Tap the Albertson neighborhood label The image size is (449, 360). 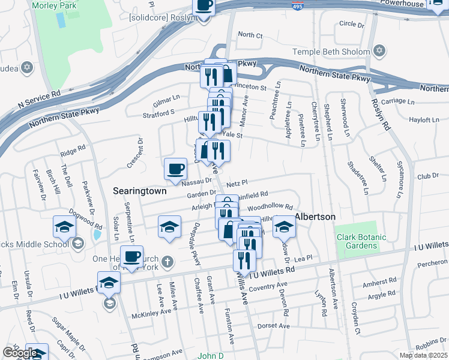pyautogui.click(x=314, y=216)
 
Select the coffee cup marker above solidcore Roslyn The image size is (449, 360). pyautogui.click(x=203, y=5)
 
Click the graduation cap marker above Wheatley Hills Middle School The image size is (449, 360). pyautogui.click(x=64, y=227)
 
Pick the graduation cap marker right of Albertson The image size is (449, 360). pyautogui.click(x=284, y=227)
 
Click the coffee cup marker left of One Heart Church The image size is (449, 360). pyautogui.click(x=131, y=256)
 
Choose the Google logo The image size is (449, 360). pyautogui.click(x=19, y=353)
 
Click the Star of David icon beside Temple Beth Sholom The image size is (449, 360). pyautogui.click(x=378, y=52)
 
